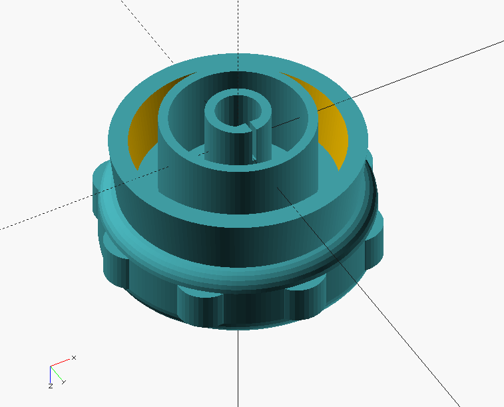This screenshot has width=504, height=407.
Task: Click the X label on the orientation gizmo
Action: tap(74, 358)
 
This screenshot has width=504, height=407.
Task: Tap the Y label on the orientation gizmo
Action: tap(64, 382)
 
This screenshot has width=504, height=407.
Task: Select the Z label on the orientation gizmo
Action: tap(51, 386)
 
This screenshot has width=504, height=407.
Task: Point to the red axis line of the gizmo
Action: tap(60, 362)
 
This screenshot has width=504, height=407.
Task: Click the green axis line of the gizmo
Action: tap(56, 373)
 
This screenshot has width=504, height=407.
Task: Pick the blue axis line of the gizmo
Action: tap(51, 374)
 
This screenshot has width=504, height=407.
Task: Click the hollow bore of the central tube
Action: tap(237, 111)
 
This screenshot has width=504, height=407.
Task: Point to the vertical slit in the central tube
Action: tap(254, 141)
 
